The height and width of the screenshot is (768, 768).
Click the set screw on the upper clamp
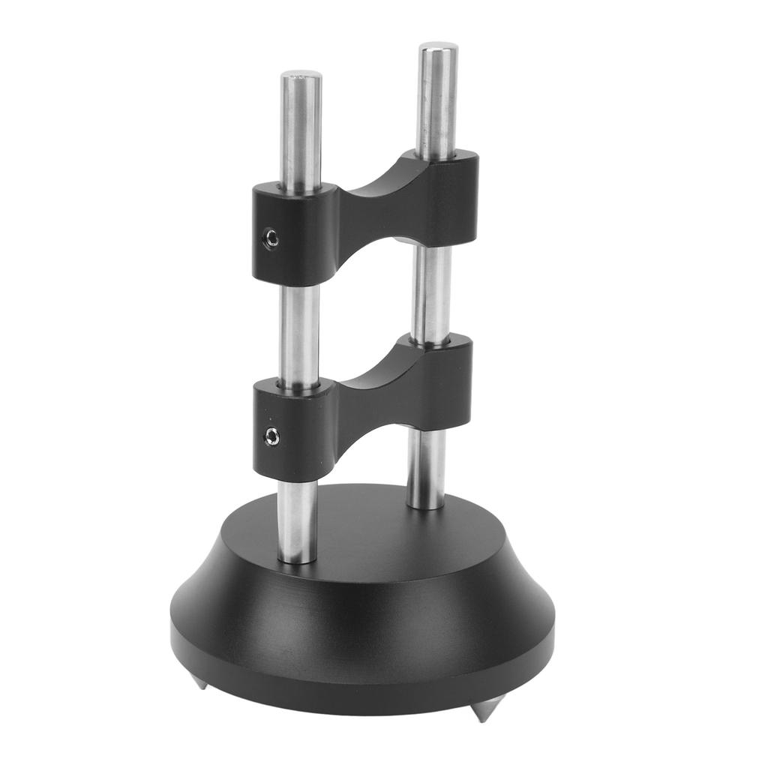coord(271,239)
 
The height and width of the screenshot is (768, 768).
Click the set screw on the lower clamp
coord(272,436)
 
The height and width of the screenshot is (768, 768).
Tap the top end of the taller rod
coord(439,48)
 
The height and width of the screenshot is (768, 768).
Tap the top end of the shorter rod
coord(301,76)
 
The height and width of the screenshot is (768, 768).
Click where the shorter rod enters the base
coord(297,556)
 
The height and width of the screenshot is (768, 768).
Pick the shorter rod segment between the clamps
coord(300,330)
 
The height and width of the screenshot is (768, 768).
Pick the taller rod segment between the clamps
coord(431,292)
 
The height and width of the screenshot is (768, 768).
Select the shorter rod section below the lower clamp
coord(298,517)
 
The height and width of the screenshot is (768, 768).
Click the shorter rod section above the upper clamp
coord(301,127)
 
